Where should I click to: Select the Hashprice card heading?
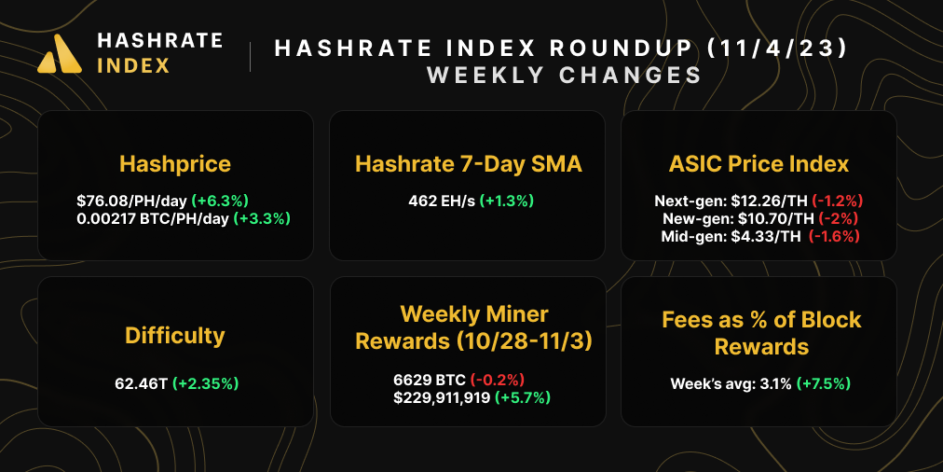[175, 164]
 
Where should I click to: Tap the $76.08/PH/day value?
[131, 200]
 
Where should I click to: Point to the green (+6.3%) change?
[220, 200]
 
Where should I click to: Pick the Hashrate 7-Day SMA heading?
[468, 164]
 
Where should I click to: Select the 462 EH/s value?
[442, 200]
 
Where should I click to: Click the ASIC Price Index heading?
[758, 164]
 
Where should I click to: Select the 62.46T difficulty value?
[140, 382]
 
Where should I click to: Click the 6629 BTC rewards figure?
[429, 380]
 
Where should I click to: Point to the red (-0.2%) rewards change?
[497, 380]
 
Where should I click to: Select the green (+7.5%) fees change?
[824, 382]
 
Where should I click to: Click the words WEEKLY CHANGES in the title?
[564, 75]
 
